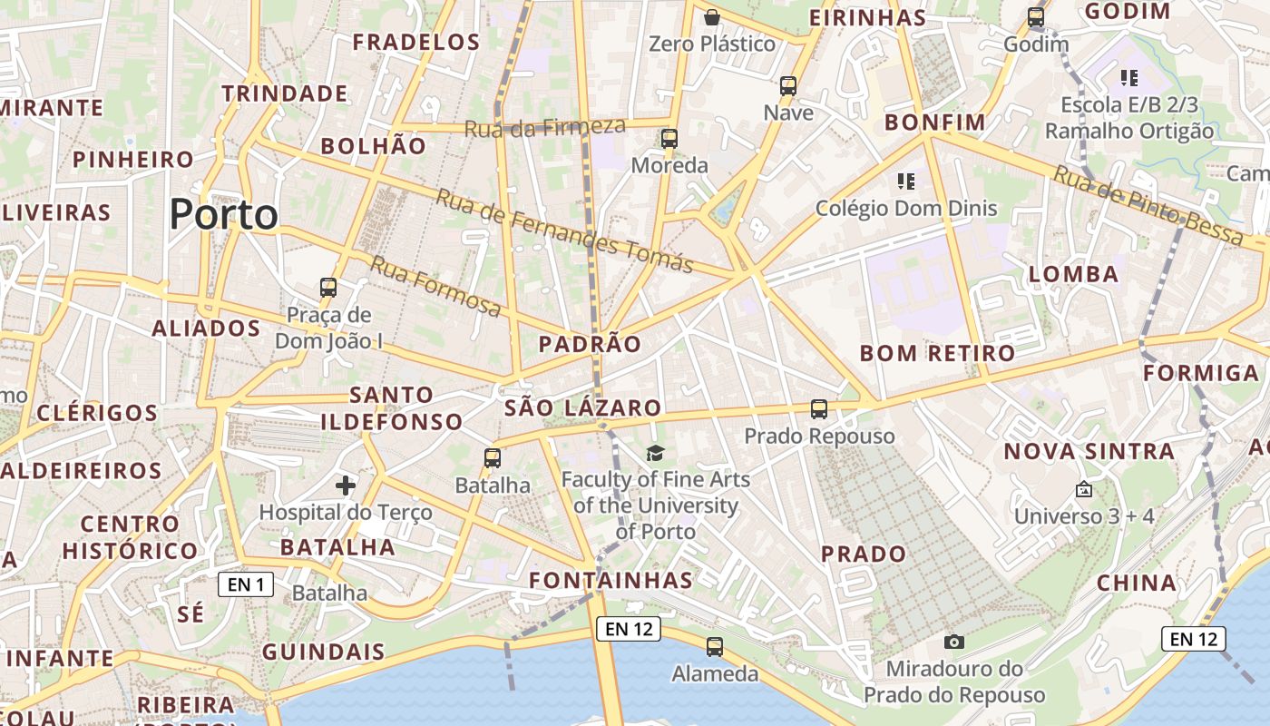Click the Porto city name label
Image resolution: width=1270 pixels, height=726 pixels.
click(x=223, y=215)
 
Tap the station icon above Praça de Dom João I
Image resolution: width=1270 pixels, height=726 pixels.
click(x=328, y=288)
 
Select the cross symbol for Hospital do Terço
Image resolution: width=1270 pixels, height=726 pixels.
click(x=346, y=486)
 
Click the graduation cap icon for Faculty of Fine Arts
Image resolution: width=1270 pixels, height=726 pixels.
click(x=655, y=453)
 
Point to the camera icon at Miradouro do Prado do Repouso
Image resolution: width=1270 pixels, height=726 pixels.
click(x=954, y=643)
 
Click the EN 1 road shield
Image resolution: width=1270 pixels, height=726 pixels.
click(x=246, y=584)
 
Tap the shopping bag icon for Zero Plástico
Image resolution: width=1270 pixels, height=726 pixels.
click(x=713, y=17)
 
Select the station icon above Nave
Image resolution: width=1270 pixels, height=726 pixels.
click(x=788, y=86)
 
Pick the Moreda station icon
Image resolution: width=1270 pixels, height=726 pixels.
click(x=669, y=139)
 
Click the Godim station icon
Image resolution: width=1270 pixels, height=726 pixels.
click(x=1036, y=17)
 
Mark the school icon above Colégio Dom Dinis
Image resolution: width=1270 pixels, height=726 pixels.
click(x=905, y=181)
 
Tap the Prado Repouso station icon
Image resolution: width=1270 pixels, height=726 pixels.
click(x=819, y=409)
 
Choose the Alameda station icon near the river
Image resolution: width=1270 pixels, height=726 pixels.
click(x=715, y=647)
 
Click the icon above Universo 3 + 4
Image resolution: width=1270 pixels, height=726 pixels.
click(x=1083, y=490)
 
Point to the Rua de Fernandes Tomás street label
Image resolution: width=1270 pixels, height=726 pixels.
click(x=564, y=231)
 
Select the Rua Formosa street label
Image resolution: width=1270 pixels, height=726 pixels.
click(x=435, y=287)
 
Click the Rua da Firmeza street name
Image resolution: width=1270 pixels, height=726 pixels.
click(x=545, y=127)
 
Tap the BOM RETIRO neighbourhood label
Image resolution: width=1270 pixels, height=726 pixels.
click(x=937, y=354)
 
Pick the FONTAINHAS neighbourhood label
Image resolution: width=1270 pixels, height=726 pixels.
click(x=611, y=580)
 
